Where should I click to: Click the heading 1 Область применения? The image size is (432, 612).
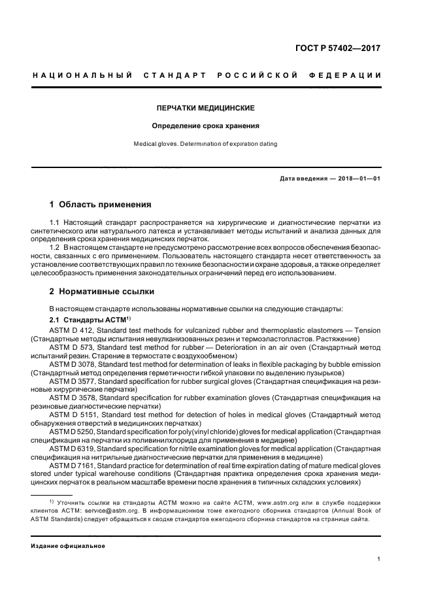tap(100, 205)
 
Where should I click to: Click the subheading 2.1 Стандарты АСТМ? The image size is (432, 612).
tap(90, 320)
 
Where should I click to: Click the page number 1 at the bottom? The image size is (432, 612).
tap(379, 559)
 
